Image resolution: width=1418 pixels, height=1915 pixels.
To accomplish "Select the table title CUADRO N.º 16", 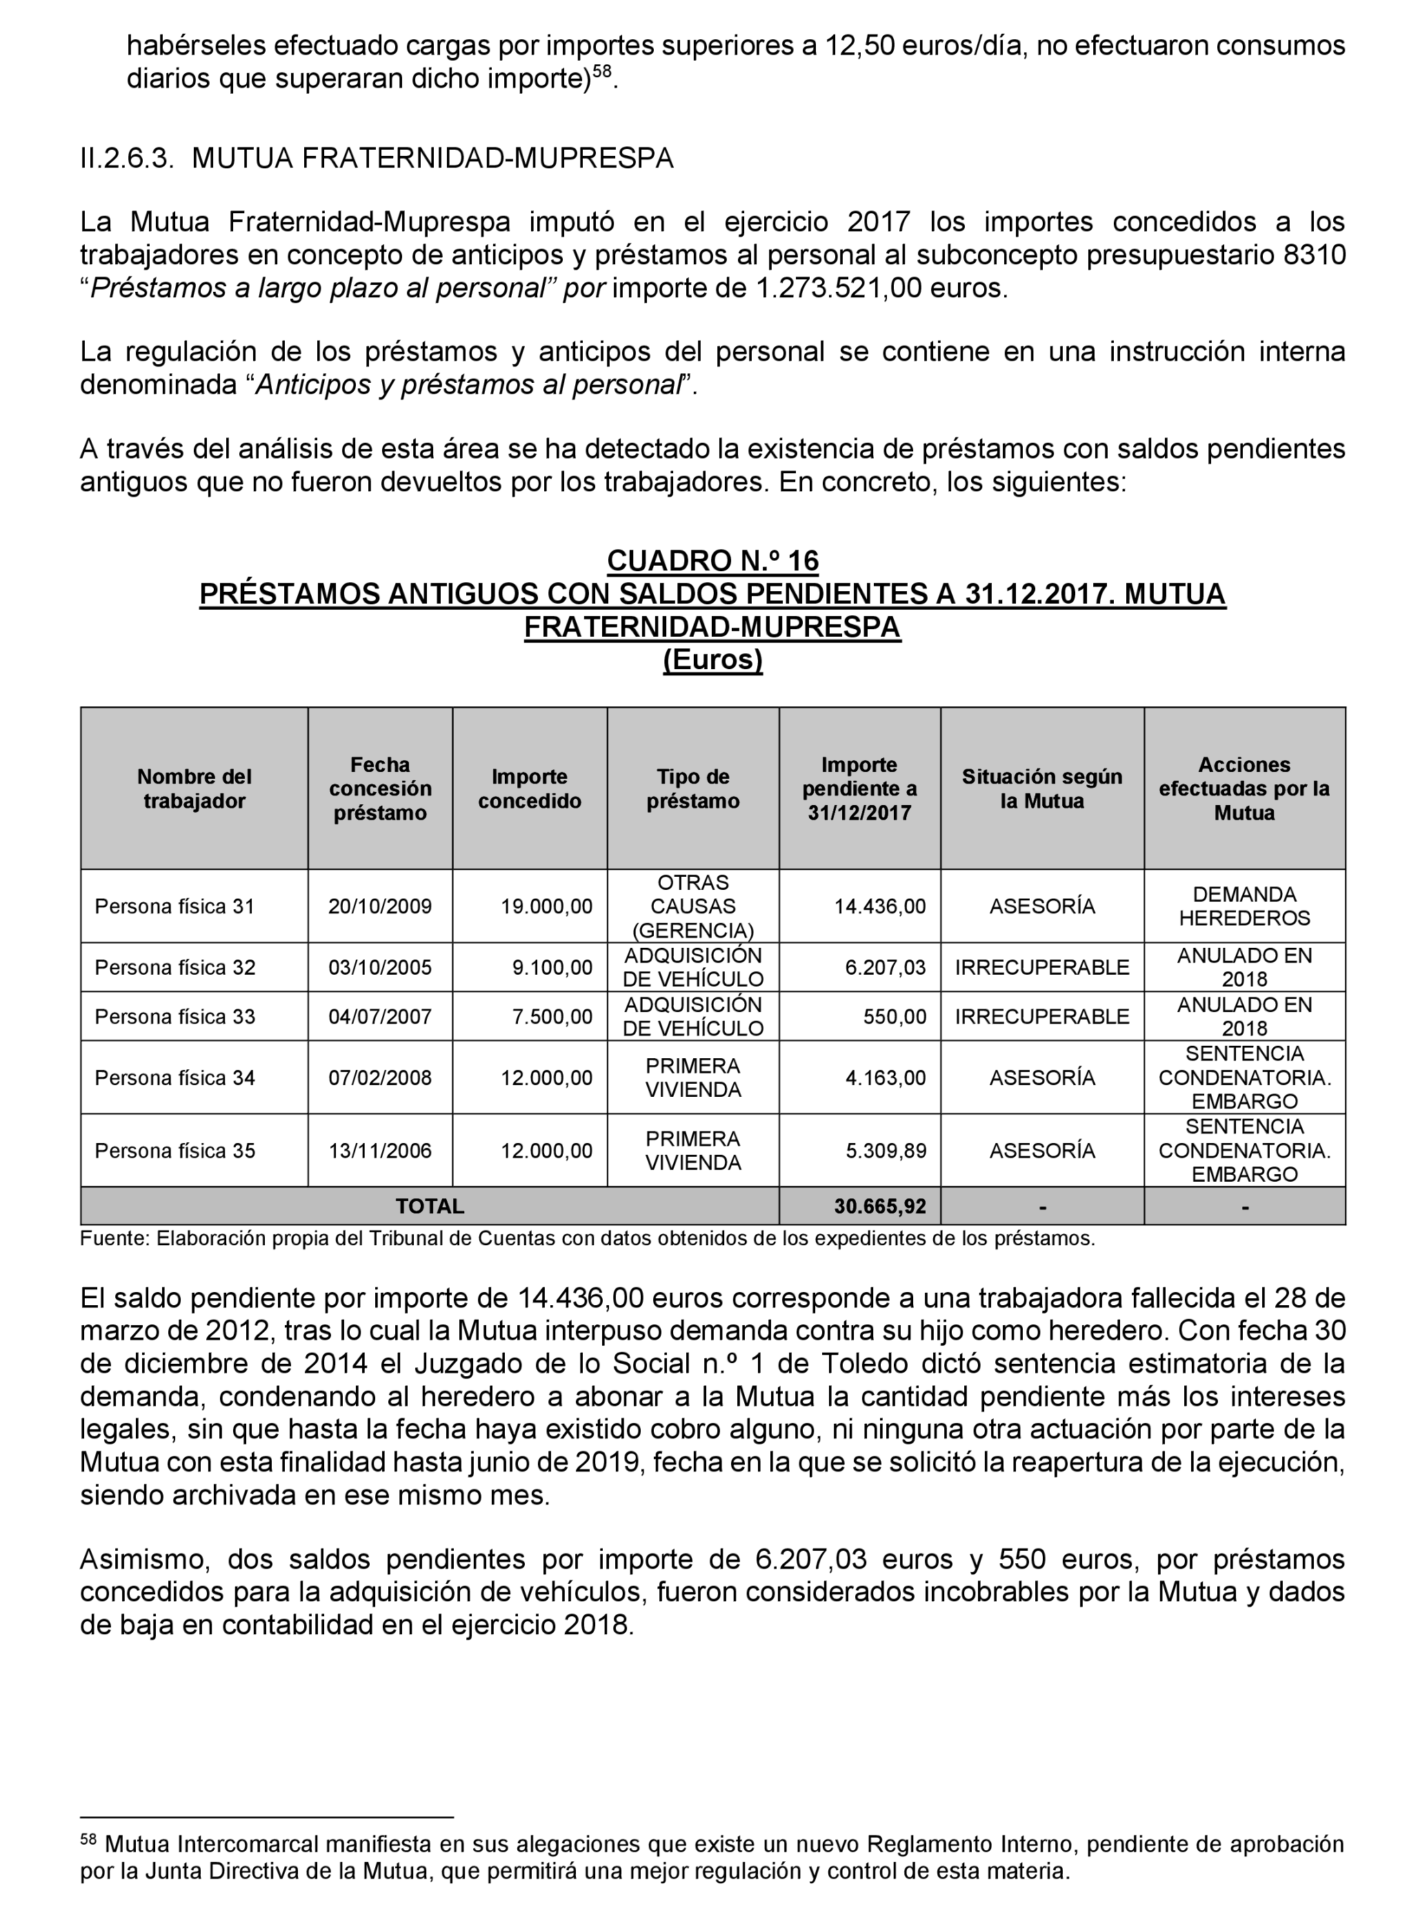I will pyautogui.click(x=712, y=561).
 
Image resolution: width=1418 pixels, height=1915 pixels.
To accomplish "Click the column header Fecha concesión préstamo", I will pyautogui.click(x=379, y=788).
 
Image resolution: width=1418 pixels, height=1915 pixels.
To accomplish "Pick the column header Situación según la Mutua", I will pyautogui.click(x=1041, y=788).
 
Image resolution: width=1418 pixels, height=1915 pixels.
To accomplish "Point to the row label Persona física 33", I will pyautogui.click(x=175, y=1016).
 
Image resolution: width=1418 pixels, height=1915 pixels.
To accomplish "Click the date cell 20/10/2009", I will pyautogui.click(x=379, y=906).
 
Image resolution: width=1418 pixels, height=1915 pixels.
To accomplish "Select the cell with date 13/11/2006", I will pyautogui.click(x=379, y=1150).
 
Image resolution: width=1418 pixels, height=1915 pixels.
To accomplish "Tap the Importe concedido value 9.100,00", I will pyautogui.click(x=552, y=967).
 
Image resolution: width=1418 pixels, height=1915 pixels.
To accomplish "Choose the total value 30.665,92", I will pyautogui.click(x=880, y=1206).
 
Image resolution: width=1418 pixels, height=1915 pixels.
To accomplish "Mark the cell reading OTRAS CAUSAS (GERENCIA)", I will pyautogui.click(x=692, y=906).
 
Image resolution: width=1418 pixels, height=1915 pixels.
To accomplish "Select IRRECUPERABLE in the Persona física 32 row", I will pyautogui.click(x=1041, y=967).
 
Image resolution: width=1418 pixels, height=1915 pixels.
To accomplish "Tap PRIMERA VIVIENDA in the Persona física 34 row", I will pyautogui.click(x=692, y=1078).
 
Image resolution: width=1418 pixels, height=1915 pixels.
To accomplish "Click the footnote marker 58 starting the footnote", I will pyautogui.click(x=88, y=1840).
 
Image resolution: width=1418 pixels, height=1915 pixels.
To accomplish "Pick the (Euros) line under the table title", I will pyautogui.click(x=712, y=660).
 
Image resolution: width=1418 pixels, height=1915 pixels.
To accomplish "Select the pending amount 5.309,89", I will pyautogui.click(x=886, y=1150).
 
